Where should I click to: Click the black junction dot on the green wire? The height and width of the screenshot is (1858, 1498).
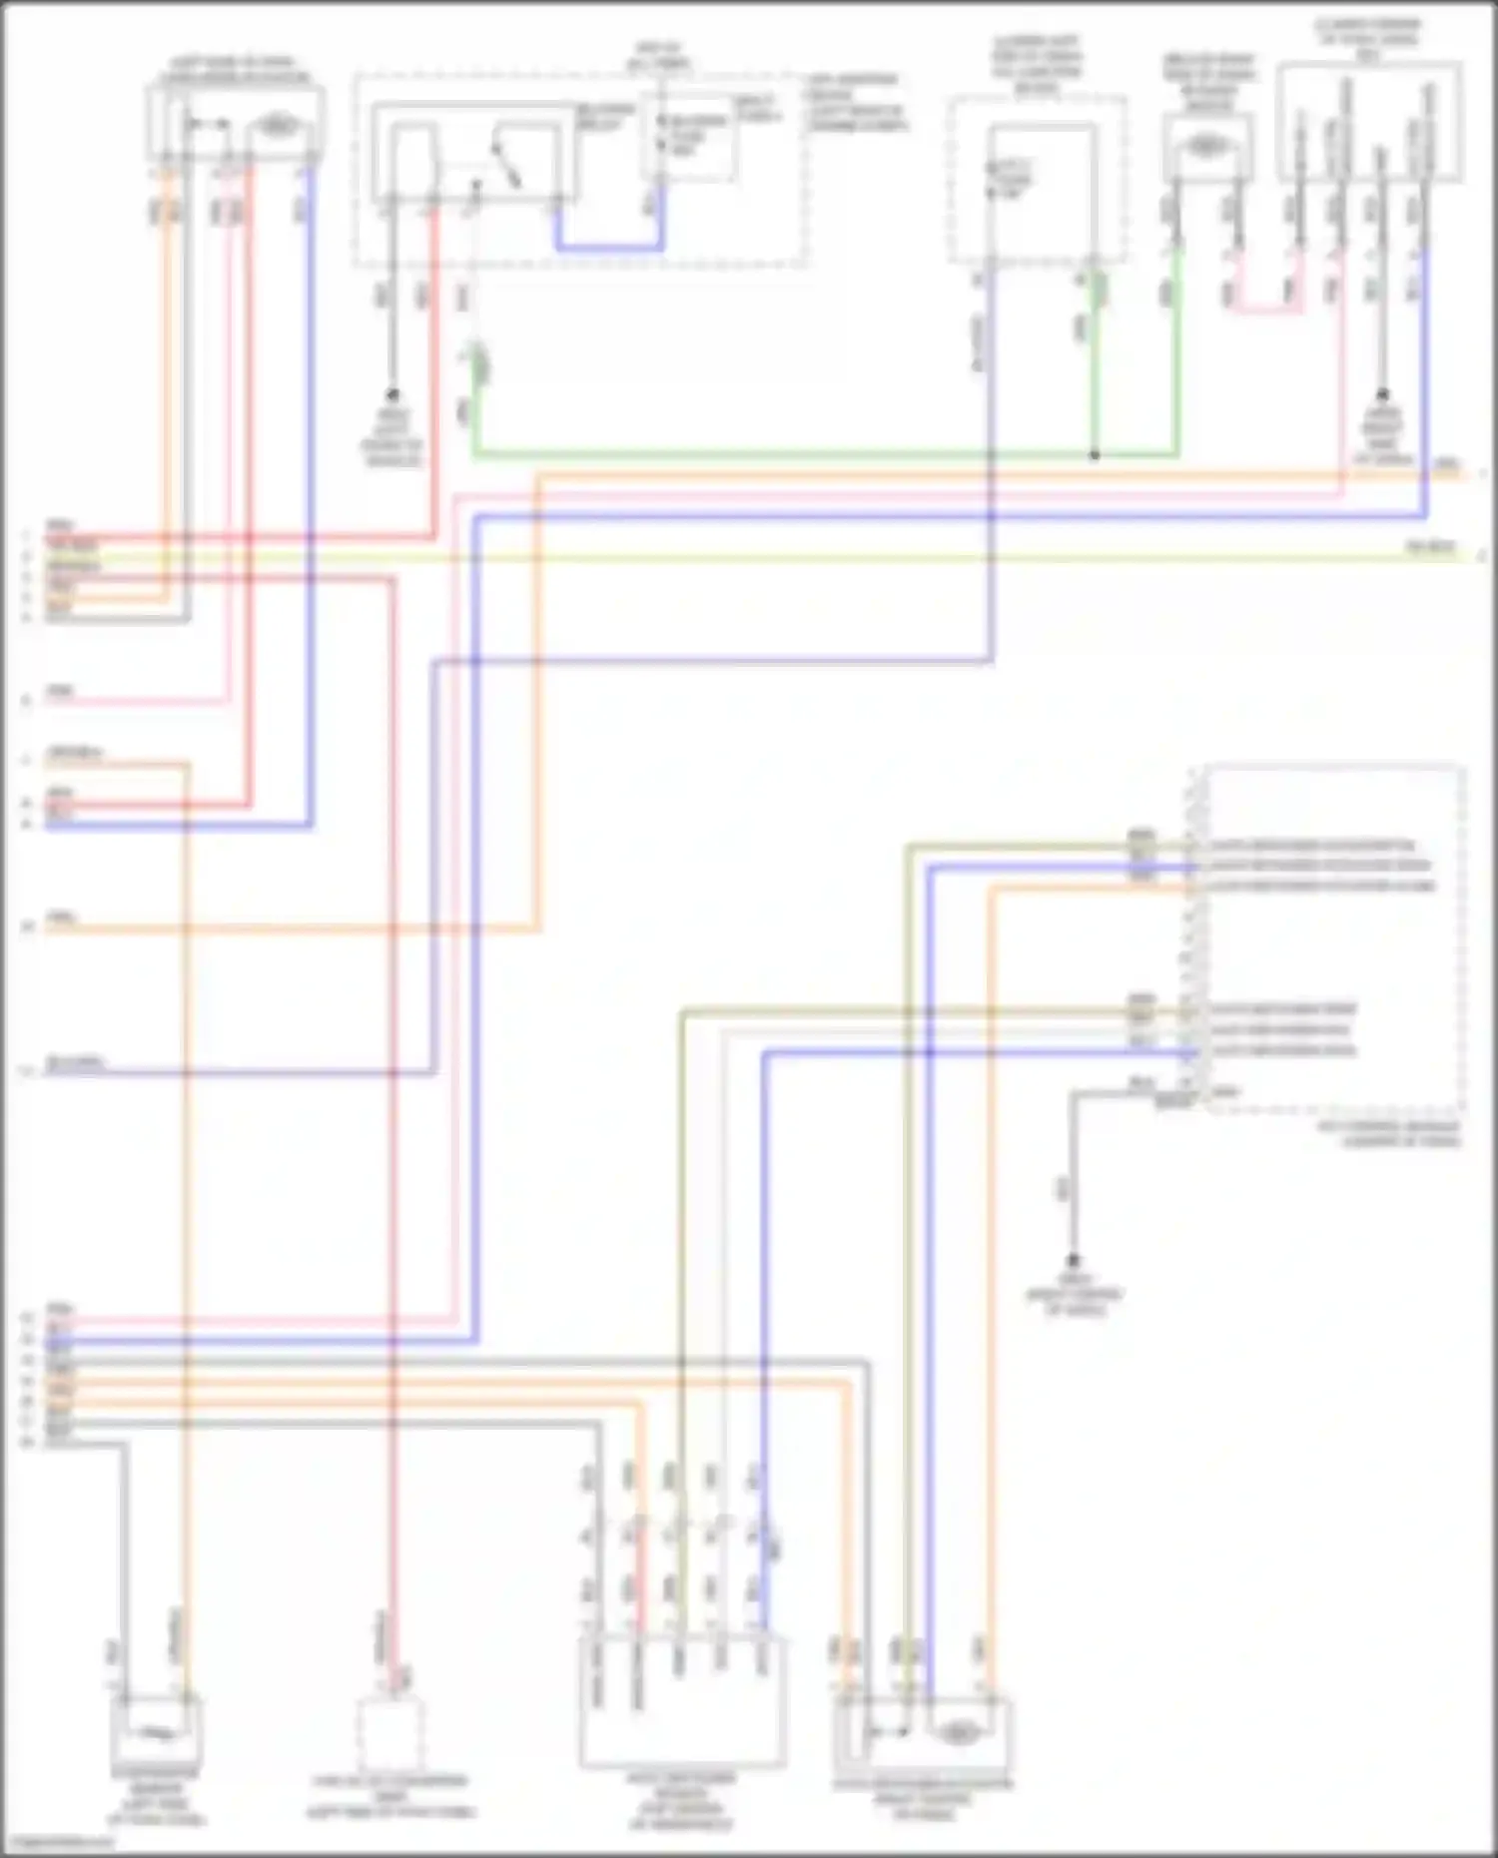[x=1095, y=455]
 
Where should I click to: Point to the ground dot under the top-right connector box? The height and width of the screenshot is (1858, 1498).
[x=1383, y=394]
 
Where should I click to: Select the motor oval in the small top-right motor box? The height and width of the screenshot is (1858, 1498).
[x=1206, y=146]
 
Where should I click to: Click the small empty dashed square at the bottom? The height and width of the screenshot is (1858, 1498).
[x=390, y=1734]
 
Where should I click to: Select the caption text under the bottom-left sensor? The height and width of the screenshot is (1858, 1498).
[x=156, y=1803]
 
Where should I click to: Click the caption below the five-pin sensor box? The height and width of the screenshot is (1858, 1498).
[x=682, y=1803]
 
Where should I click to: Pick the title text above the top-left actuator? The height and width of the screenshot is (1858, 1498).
[x=236, y=70]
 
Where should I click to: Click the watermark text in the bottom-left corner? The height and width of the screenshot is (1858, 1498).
[x=58, y=1842]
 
